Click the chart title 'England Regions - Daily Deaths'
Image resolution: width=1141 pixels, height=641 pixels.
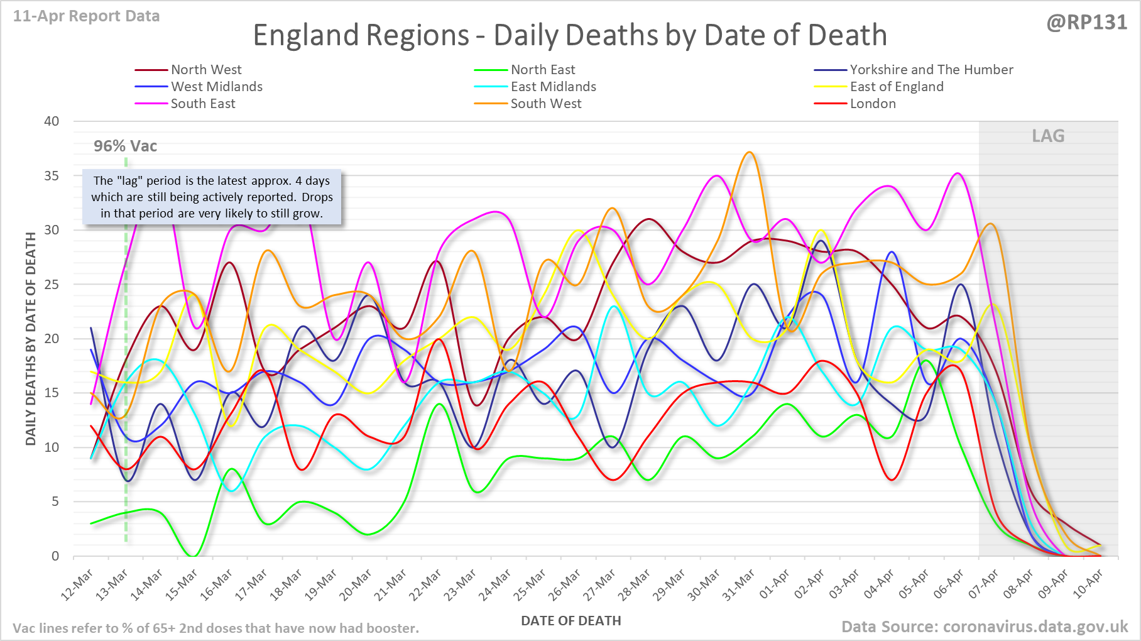569,35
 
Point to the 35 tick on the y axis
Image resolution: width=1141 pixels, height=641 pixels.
52,176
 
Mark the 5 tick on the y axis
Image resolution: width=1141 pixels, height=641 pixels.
55,501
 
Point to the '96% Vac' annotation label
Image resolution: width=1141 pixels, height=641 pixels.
125,146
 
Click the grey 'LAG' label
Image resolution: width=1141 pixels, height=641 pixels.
1048,136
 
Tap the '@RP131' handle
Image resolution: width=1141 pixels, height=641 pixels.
1086,23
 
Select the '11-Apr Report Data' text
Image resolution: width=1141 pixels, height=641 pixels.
86,16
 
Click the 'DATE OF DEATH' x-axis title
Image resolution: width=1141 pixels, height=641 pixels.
570,621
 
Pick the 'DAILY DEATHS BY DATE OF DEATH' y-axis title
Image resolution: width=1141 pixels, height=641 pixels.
31,339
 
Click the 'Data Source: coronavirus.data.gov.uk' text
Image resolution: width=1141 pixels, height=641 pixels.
985,627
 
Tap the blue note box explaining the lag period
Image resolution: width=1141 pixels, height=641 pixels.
212,197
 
